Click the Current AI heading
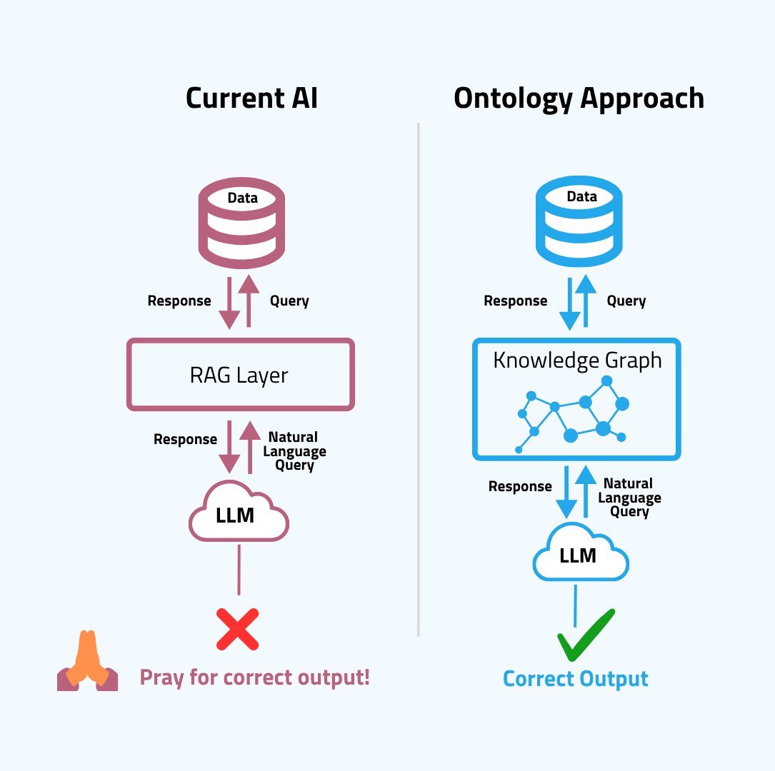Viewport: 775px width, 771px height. (x=251, y=99)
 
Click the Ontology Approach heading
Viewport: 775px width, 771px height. (x=579, y=99)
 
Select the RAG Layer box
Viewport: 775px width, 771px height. (x=240, y=375)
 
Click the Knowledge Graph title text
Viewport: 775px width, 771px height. (x=577, y=361)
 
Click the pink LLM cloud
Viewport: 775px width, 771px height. (x=238, y=514)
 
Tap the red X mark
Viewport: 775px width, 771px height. (x=238, y=629)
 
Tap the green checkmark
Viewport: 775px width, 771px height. (x=586, y=635)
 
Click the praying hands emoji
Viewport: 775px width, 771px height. (x=87, y=662)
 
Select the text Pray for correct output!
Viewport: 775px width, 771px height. (x=255, y=676)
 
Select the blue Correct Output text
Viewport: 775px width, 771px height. (x=576, y=678)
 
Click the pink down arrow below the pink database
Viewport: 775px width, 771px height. (x=230, y=303)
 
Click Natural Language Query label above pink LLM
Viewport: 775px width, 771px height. (x=294, y=451)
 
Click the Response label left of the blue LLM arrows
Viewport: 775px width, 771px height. (x=520, y=487)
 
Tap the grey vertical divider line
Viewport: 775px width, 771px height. (x=418, y=378)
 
